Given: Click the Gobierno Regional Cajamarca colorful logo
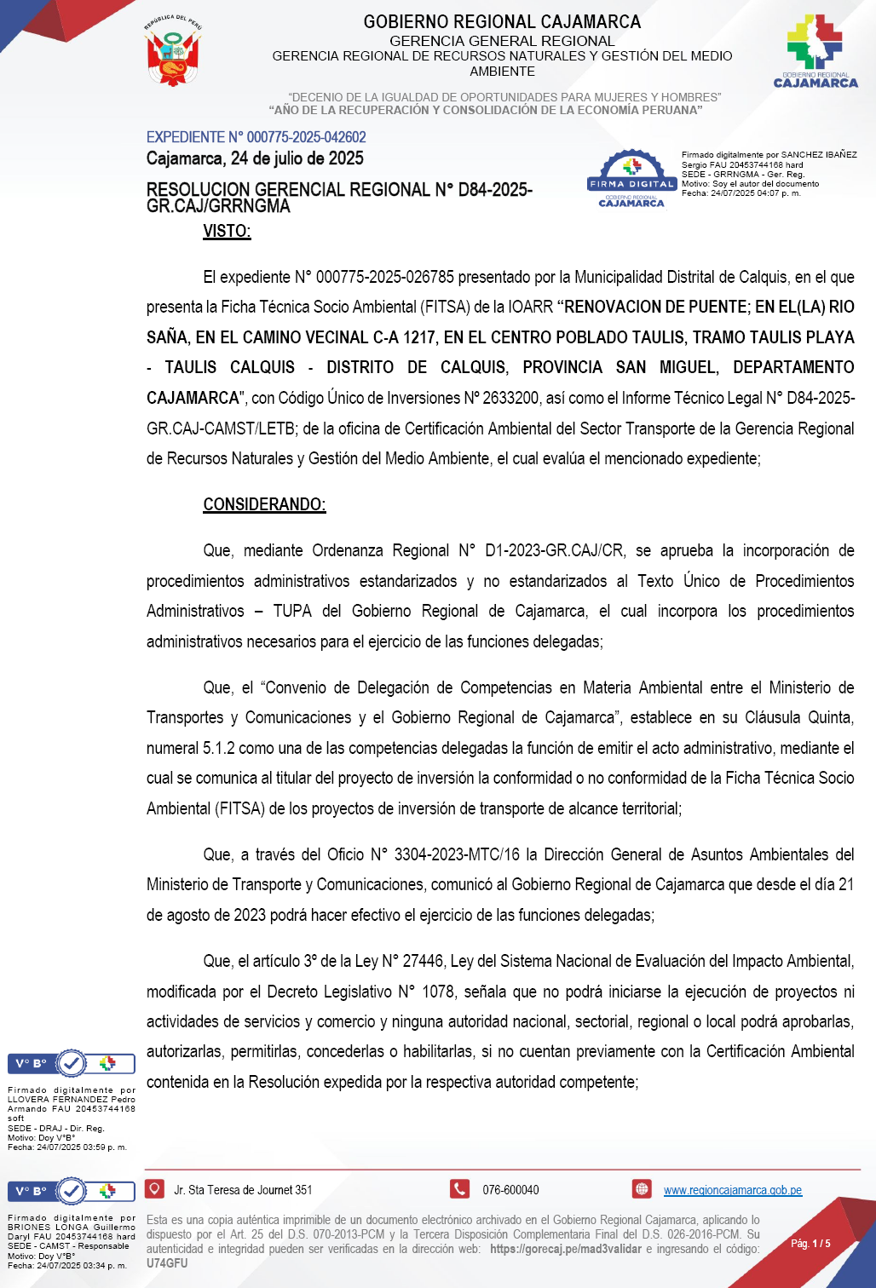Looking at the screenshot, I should click(x=815, y=50).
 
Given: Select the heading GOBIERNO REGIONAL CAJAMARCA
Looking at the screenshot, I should click(x=502, y=22).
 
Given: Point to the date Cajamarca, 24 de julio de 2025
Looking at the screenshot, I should click(x=255, y=158).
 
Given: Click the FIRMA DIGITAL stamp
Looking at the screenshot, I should click(x=631, y=179).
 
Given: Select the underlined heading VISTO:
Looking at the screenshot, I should click(x=227, y=231).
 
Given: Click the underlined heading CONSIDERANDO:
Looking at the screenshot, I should click(x=264, y=504).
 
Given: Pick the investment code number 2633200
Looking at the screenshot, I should click(x=510, y=398).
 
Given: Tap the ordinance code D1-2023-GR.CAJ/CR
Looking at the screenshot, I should click(x=554, y=550).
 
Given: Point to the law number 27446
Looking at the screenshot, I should click(x=423, y=961).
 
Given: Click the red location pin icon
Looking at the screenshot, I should click(x=155, y=1188).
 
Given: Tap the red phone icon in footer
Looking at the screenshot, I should click(x=460, y=1188).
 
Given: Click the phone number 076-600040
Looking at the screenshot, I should click(x=510, y=1190).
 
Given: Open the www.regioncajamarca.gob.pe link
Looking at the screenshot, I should click(x=732, y=1190).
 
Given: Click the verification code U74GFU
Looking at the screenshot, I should click(x=167, y=1263).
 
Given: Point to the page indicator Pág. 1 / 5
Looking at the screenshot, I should click(x=810, y=1244).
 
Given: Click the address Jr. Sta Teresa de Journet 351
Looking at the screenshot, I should click(x=243, y=1190).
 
